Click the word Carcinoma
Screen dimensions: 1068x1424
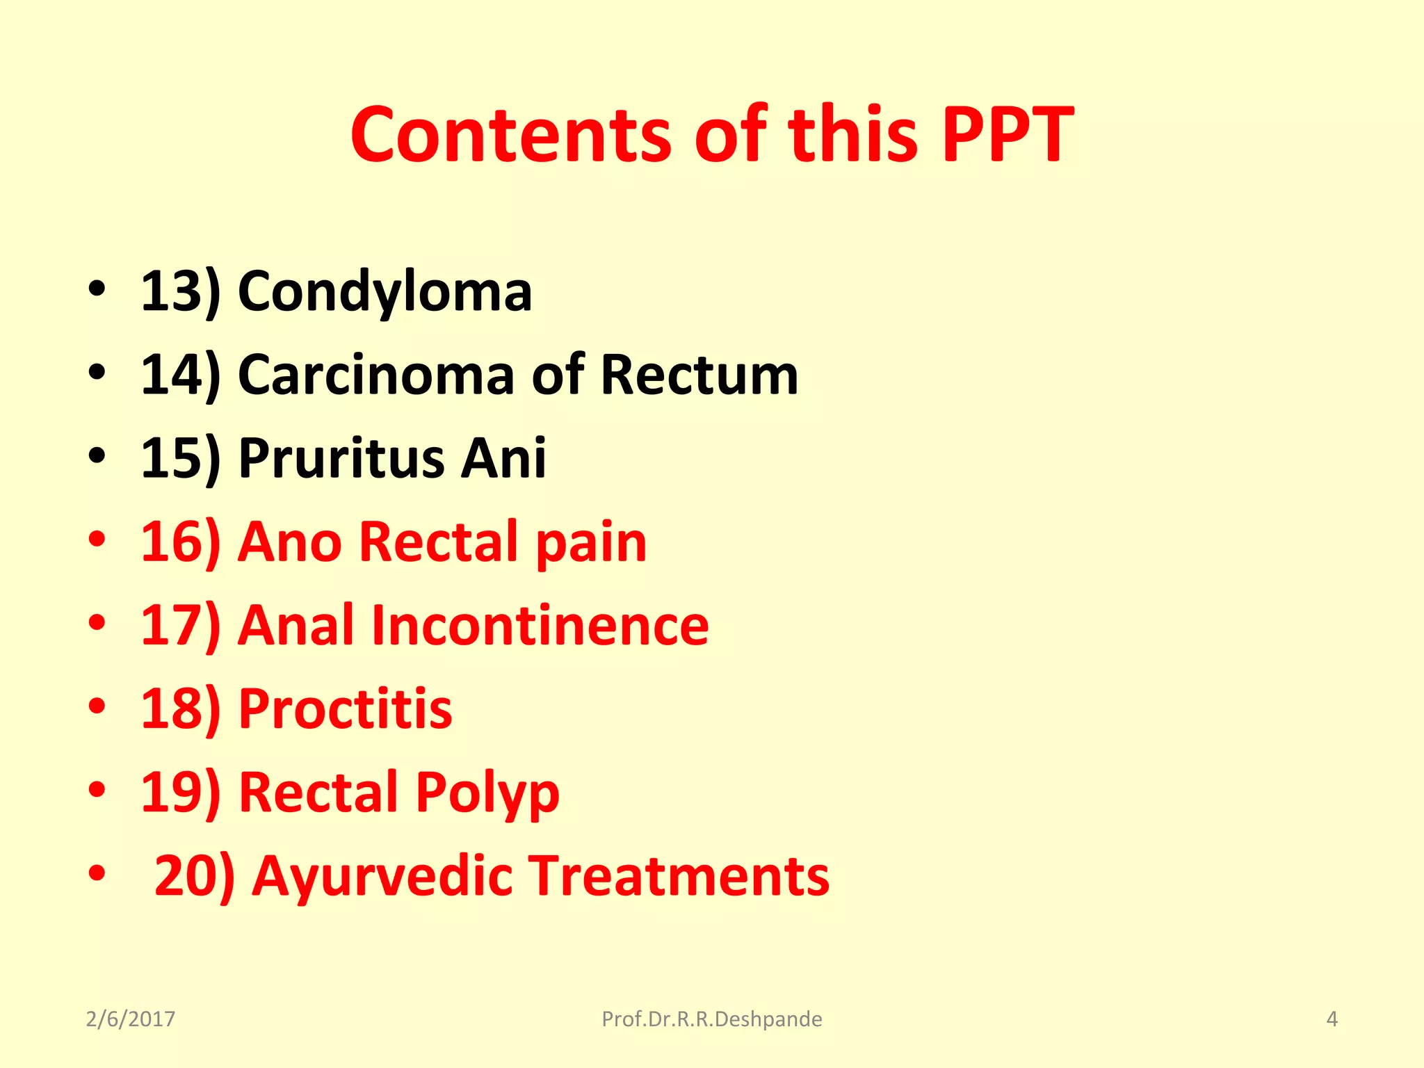[x=376, y=375]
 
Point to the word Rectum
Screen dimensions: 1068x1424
[x=699, y=375]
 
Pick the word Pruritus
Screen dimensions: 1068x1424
[x=341, y=458]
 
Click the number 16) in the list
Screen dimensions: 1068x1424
[x=180, y=542]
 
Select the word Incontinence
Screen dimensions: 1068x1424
[x=540, y=625]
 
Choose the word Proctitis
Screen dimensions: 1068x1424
[x=345, y=709]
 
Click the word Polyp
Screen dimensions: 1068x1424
[x=487, y=792]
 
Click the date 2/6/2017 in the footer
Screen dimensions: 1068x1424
[x=130, y=1019]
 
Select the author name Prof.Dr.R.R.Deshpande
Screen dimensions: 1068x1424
[x=711, y=1019]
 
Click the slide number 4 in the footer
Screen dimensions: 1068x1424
[x=1332, y=1019]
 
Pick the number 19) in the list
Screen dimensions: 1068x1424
[x=180, y=792]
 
